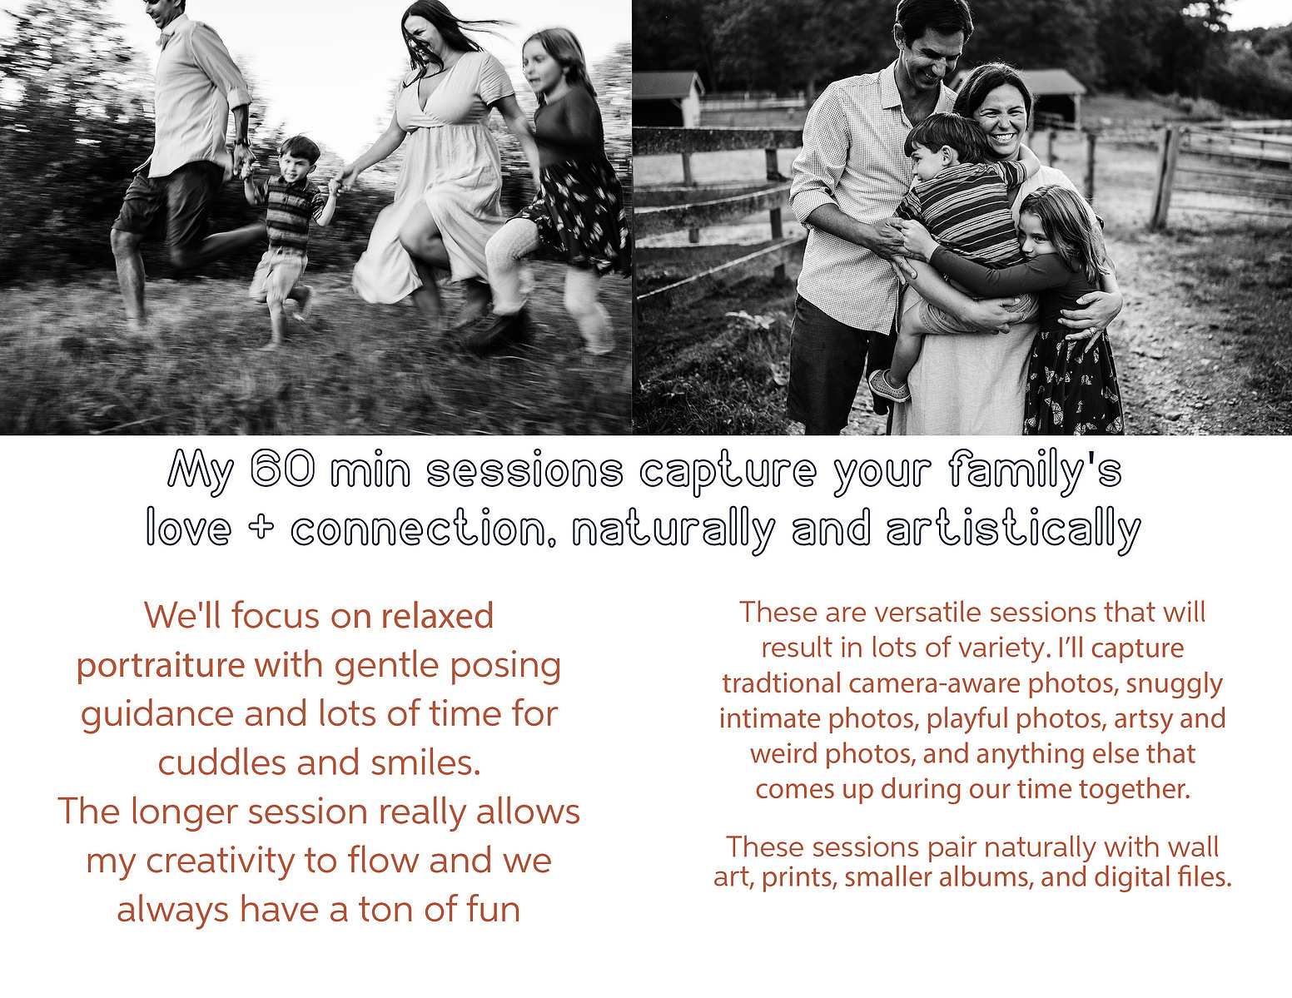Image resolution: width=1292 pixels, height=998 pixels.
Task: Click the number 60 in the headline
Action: coord(282,468)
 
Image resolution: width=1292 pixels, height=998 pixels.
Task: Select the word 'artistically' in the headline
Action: coord(1013,529)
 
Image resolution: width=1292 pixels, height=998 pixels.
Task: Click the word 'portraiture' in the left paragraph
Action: coord(161,666)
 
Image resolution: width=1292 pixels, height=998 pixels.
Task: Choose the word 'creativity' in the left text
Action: coord(220,861)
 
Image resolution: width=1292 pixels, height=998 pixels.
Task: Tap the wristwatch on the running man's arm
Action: coord(241,142)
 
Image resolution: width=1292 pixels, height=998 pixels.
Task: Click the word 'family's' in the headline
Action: coord(1035,469)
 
